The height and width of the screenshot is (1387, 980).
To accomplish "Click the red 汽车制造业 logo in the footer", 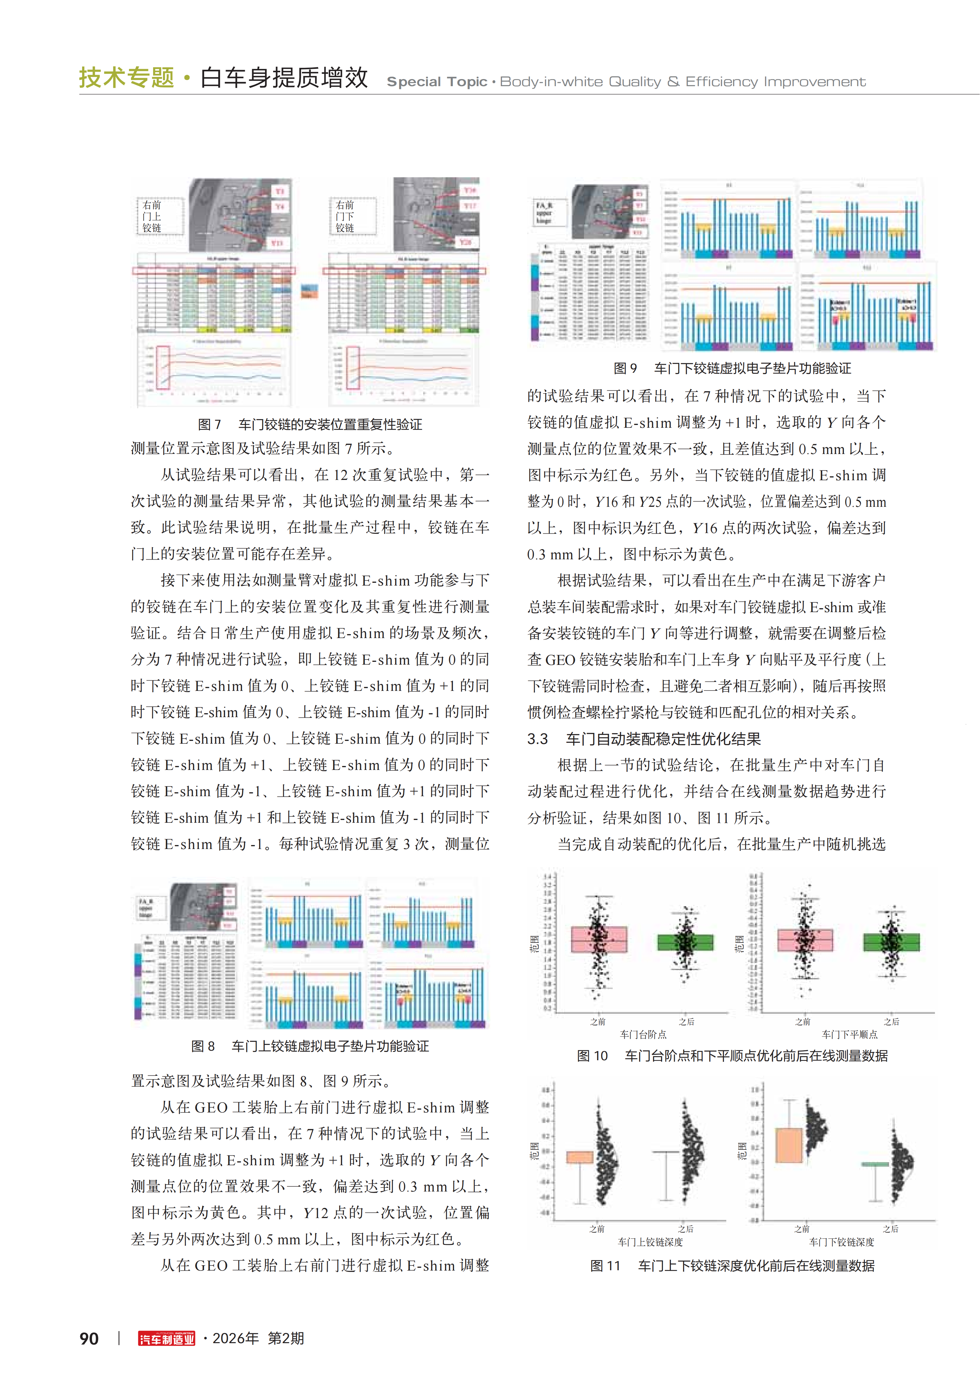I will pos(167,1339).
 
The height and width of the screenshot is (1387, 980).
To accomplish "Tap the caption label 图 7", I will pos(210,425).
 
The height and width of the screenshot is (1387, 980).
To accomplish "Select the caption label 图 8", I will pos(203,1046).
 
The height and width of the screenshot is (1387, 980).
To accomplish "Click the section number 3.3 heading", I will pos(537,739).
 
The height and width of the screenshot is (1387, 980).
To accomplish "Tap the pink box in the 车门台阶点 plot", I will pos(599,939).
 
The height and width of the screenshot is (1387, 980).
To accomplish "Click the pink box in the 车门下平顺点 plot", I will pos(805,940).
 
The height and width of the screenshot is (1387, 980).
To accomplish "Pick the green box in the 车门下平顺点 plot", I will pos(891,942).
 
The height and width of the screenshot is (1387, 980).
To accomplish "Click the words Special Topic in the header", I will pos(436,82).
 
